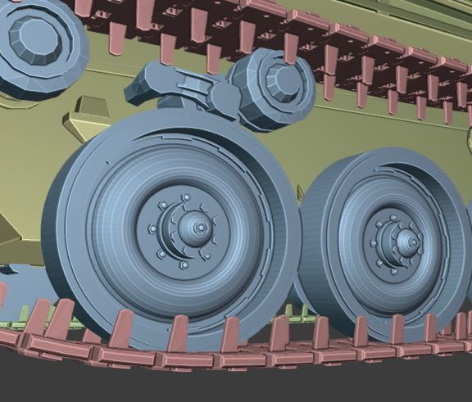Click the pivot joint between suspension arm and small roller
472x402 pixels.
(220, 96)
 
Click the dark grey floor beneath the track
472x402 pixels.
(246, 385)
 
